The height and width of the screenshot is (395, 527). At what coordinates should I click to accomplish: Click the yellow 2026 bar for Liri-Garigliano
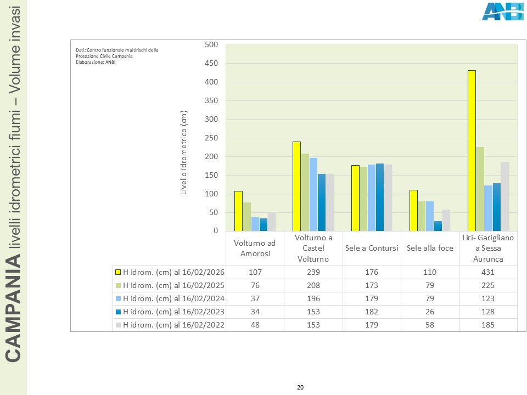tap(472, 151)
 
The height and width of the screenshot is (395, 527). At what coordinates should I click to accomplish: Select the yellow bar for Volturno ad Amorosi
tap(238, 211)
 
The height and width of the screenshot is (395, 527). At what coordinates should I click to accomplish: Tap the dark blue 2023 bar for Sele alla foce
tap(438, 226)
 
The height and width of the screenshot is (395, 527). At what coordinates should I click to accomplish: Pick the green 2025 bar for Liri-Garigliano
tap(480, 189)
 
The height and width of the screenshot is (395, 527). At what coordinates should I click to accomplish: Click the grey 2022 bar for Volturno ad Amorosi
tap(272, 222)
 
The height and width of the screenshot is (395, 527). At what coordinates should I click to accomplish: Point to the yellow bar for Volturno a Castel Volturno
tap(296, 187)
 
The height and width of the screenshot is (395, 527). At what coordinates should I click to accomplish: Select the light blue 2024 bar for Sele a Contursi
tap(372, 198)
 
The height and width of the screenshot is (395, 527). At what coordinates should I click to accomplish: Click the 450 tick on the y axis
tap(211, 64)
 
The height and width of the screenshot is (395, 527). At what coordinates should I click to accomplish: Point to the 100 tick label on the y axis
tap(211, 194)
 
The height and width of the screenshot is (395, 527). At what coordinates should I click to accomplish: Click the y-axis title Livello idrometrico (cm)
tap(184, 151)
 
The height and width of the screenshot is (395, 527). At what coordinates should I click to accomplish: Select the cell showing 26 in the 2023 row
tap(430, 312)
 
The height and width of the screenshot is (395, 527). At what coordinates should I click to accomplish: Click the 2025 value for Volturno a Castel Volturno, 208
tap(313, 286)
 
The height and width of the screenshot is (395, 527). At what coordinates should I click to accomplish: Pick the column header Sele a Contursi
tap(372, 248)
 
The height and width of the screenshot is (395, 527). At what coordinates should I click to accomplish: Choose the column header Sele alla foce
tap(430, 248)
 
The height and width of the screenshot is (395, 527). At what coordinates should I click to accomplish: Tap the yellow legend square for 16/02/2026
tap(117, 273)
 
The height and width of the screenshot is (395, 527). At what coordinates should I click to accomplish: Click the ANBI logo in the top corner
tap(502, 12)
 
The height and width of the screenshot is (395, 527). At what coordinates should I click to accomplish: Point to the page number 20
tap(300, 387)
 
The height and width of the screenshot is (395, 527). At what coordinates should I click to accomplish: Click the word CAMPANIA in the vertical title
tap(14, 313)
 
